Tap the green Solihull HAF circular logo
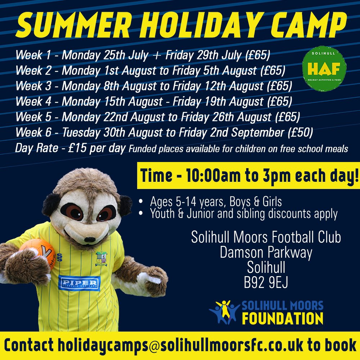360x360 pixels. [x=324, y=68]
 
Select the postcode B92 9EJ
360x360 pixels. [x=266, y=283]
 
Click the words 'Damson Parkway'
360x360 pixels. [x=266, y=253]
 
